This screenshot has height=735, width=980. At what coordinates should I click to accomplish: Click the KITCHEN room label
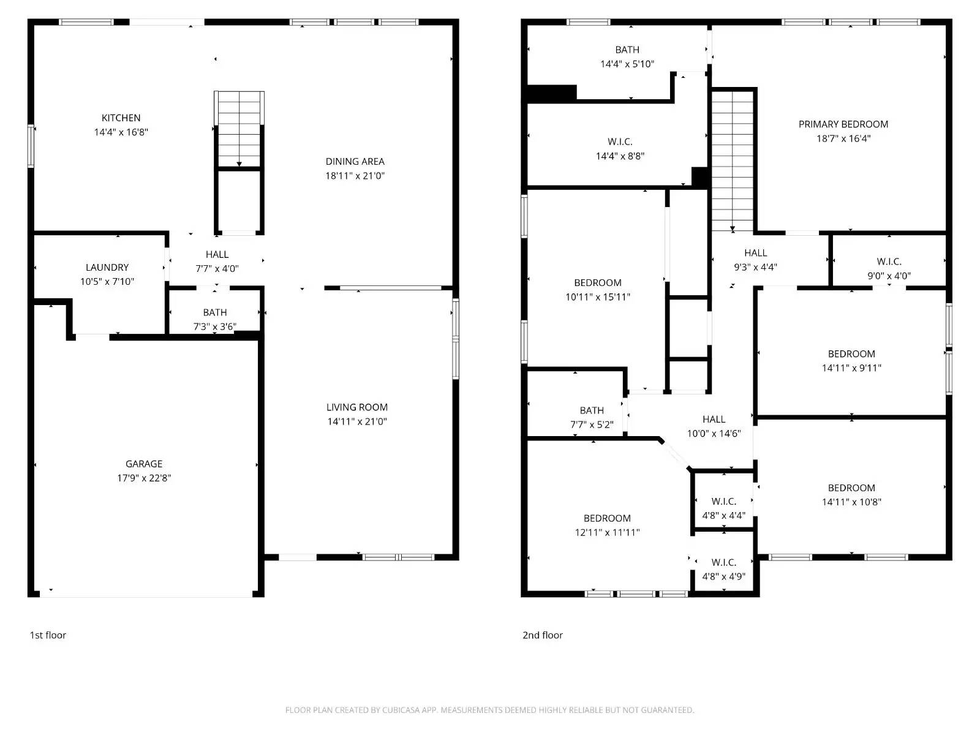(x=121, y=118)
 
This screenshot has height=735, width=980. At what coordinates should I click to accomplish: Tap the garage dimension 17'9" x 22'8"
(x=144, y=478)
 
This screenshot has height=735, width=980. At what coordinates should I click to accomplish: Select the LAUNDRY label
(x=107, y=267)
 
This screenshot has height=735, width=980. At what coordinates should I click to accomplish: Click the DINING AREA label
(x=355, y=161)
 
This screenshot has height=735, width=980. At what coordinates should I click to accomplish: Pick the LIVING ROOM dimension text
(x=357, y=421)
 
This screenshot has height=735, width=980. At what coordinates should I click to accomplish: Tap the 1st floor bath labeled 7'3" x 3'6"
(x=215, y=319)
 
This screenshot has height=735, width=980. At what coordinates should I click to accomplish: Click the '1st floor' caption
(x=48, y=635)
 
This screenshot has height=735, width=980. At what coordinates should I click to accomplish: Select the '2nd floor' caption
(x=542, y=635)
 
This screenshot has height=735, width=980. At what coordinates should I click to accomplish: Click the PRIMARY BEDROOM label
(x=843, y=124)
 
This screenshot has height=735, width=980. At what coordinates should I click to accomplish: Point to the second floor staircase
(x=733, y=159)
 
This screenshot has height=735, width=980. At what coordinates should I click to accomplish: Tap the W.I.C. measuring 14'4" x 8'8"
(x=620, y=149)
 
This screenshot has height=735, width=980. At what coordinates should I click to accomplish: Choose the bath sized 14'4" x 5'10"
(x=627, y=56)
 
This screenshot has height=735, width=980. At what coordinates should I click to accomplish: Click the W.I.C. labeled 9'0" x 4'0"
(x=889, y=268)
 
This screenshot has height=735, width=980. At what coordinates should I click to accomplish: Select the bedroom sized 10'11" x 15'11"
(x=598, y=290)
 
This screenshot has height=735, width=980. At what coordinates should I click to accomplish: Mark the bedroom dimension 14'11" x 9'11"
(x=851, y=368)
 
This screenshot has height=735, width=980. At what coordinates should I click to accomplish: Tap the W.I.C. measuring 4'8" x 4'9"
(x=723, y=569)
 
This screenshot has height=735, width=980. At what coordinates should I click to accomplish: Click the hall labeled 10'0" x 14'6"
(x=714, y=426)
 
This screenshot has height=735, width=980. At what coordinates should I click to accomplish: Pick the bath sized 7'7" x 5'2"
(x=592, y=417)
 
